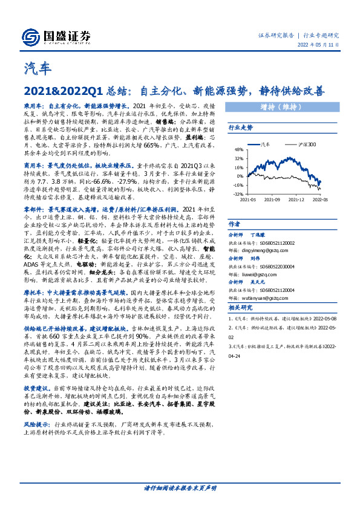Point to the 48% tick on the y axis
pos(238,150)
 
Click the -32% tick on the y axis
pos(238,195)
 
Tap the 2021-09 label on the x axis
pos(273,199)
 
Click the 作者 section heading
pos(234,222)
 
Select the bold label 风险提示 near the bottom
pos(35,426)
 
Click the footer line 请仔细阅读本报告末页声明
pos(180,487)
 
